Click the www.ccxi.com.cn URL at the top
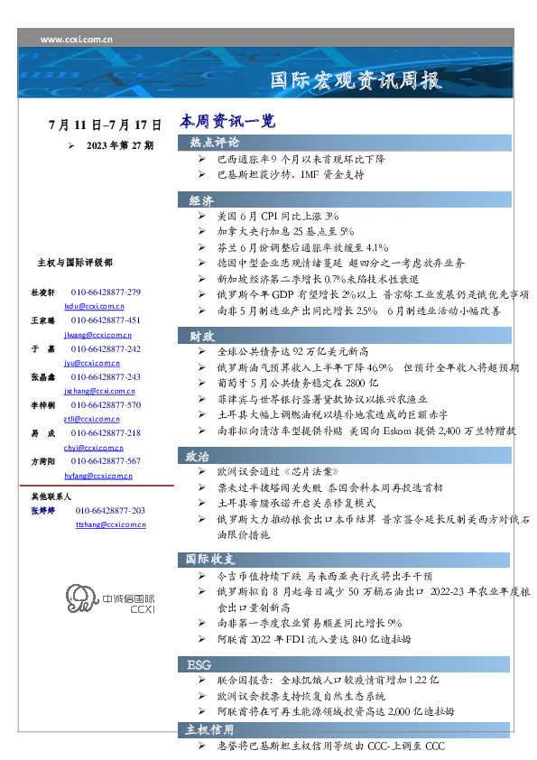pyautogui.click(x=77, y=40)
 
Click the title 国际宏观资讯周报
pyautogui.click(x=357, y=81)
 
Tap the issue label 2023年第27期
pyautogui.click(x=119, y=144)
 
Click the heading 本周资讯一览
pyautogui.click(x=227, y=120)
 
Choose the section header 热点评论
pyautogui.click(x=214, y=143)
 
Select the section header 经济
pyautogui.click(x=201, y=200)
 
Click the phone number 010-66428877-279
pyautogui.click(x=106, y=293)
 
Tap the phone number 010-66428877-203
pyautogui.click(x=110, y=511)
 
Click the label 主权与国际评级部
pyautogui.click(x=74, y=263)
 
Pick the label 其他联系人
pyautogui.click(x=51, y=496)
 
